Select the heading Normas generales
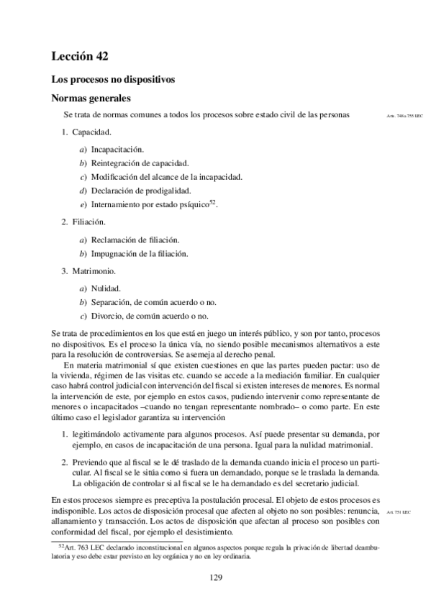click(x=91, y=98)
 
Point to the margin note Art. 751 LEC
click(x=398, y=512)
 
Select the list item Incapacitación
click(x=117, y=149)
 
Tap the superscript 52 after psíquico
click(x=212, y=202)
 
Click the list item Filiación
click(x=89, y=222)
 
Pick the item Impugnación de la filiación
click(x=139, y=253)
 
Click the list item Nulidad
click(x=106, y=288)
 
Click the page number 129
click(x=216, y=577)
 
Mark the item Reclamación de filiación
click(x=135, y=240)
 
